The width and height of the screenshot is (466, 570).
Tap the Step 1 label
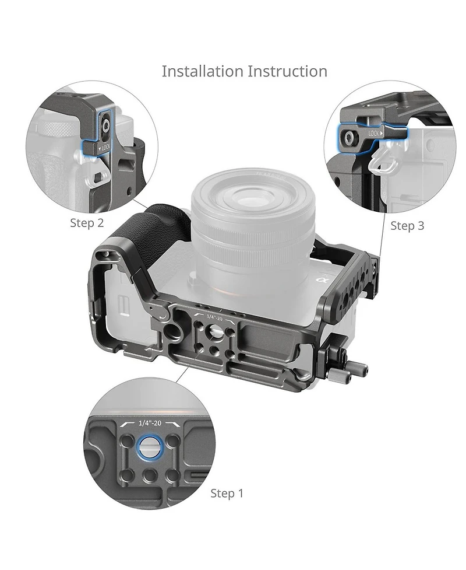click(227, 494)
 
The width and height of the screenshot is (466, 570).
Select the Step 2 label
click(87, 222)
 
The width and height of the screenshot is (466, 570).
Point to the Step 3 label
click(407, 226)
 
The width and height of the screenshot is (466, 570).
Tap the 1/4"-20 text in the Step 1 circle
click(150, 423)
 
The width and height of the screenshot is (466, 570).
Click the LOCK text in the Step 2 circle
click(105, 147)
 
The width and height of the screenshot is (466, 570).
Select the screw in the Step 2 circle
click(106, 126)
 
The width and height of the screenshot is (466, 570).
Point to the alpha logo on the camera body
click(320, 279)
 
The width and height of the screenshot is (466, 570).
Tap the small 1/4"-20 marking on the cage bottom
click(214, 317)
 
